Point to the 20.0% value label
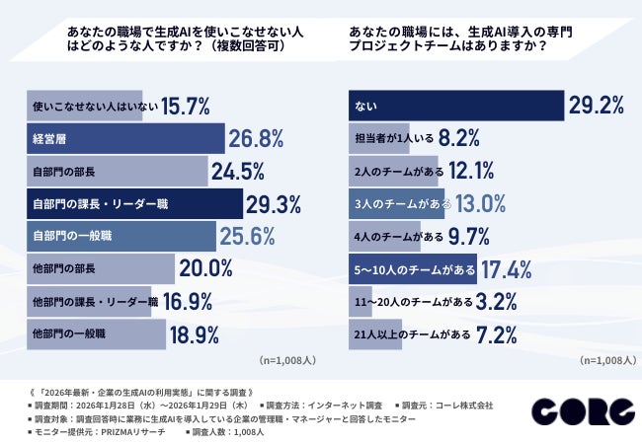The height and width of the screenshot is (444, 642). click(x=206, y=268)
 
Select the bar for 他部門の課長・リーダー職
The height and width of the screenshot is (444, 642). click(x=89, y=301)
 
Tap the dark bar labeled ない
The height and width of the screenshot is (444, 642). click(x=455, y=106)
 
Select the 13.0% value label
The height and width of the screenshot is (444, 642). click(x=480, y=203)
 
